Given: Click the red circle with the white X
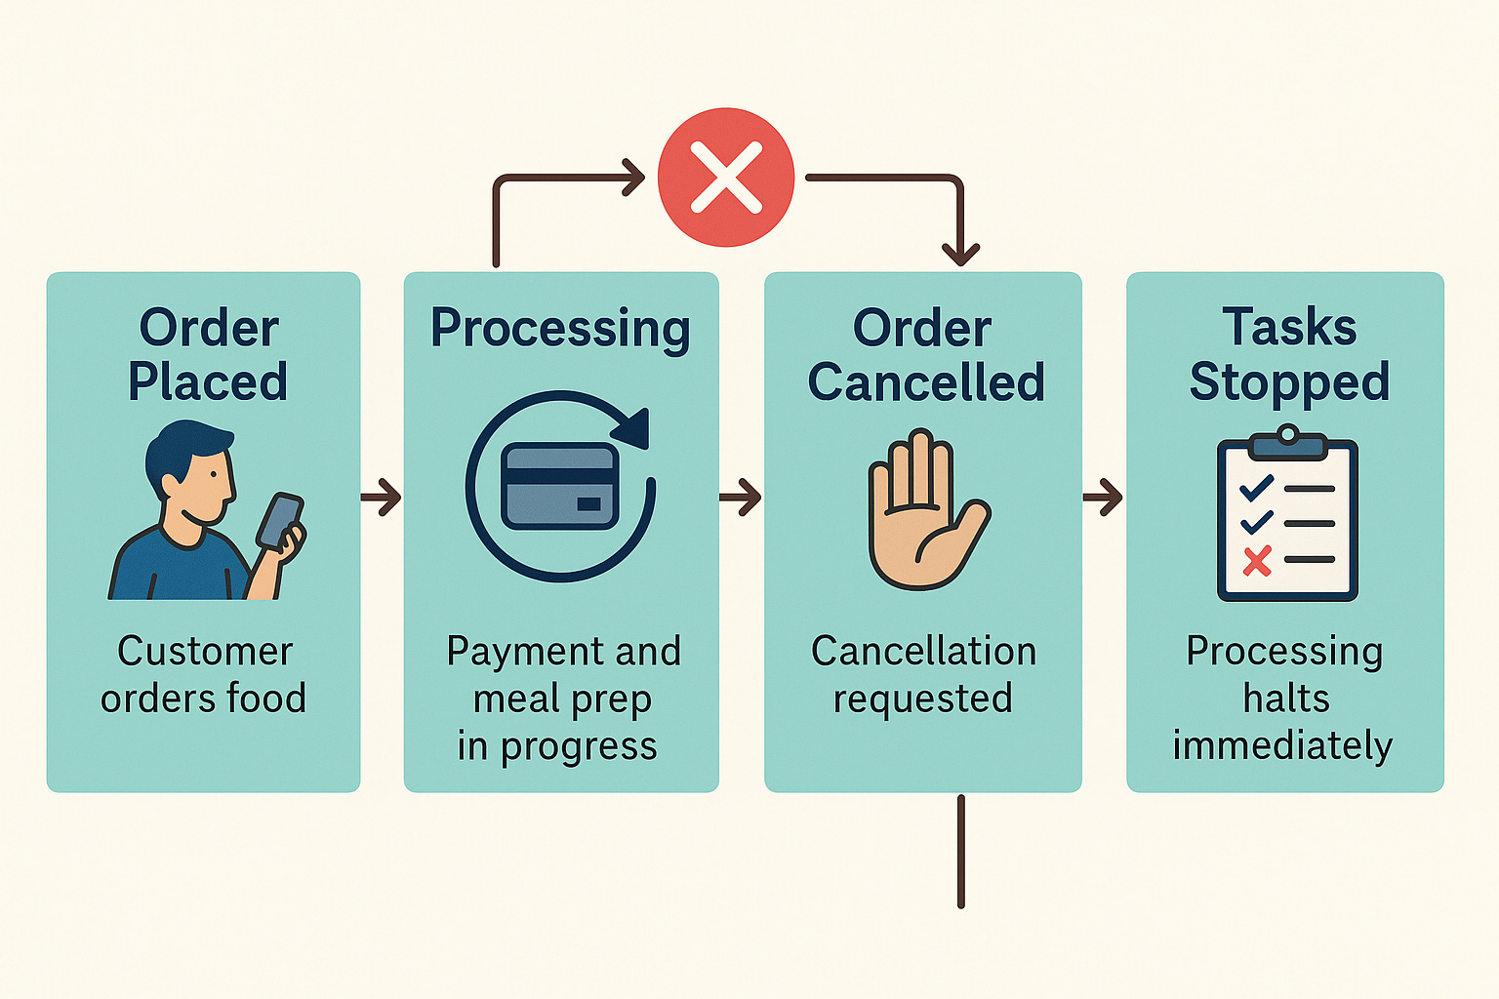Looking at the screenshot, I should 726,177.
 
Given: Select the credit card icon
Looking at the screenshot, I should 559,486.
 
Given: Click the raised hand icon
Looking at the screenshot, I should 922,512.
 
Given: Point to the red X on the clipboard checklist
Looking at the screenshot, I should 1257,560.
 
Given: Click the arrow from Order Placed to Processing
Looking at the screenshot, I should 382,497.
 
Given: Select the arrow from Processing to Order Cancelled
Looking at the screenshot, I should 742,497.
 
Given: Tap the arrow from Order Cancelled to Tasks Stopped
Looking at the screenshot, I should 1104,497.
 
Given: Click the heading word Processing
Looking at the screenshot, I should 560,330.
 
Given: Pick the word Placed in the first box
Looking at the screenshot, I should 208,380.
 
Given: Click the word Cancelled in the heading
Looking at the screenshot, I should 925,381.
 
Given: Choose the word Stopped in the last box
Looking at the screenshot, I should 1288,381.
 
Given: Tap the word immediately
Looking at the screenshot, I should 1282,745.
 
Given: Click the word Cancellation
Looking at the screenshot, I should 923,652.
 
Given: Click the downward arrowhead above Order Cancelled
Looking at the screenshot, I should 960,254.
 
